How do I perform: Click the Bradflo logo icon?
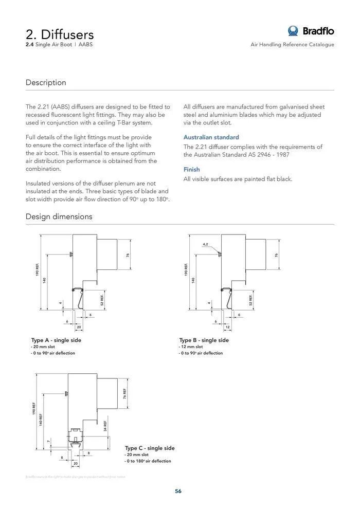tap(294, 31)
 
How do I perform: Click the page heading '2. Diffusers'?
tap(60, 34)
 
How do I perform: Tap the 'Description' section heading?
tap(46, 83)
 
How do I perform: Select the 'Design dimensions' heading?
tap(59, 216)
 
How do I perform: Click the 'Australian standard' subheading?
tap(211, 137)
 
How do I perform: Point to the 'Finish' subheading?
tap(192, 170)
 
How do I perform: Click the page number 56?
tap(178, 491)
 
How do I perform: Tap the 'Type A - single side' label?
tap(56, 340)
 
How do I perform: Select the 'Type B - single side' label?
tap(204, 340)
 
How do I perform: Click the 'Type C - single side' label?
tap(150, 448)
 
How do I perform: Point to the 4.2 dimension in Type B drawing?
tap(205, 244)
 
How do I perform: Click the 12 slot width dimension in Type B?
tap(227, 327)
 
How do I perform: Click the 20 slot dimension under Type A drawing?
tap(79, 327)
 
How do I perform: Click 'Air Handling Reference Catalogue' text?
tap(292, 45)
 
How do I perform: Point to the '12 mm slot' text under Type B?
tap(190, 347)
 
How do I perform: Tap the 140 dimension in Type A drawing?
tap(45, 280)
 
